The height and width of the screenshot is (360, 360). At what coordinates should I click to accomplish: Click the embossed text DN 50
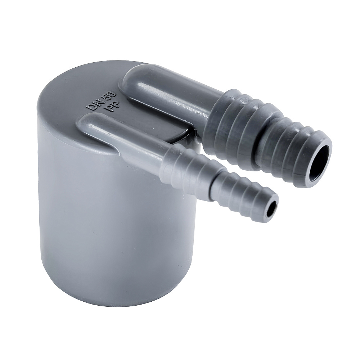[x=102, y=101]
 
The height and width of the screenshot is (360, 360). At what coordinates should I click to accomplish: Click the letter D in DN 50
[x=91, y=107]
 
